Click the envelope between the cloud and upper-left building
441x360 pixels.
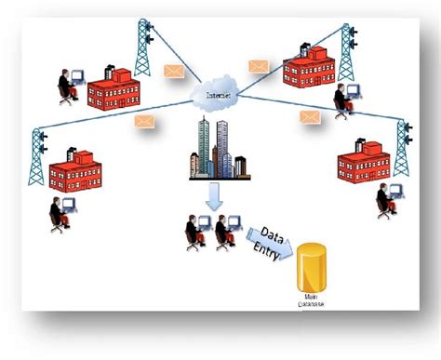point(173,70)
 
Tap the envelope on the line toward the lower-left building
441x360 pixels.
point(144,121)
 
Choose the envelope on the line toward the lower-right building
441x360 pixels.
point(310,117)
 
